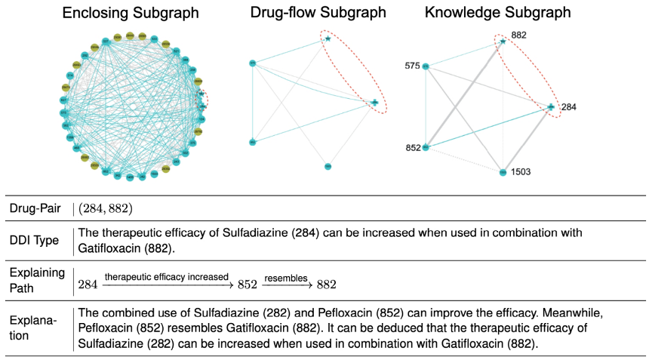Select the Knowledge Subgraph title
pos(497,13)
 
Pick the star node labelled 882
pos(503,42)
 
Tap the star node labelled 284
pos(551,107)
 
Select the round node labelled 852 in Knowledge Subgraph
pos(426,148)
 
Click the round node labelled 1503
pos(503,172)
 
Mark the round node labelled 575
pos(426,67)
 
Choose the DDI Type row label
pos(33,241)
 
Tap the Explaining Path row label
pos(37,278)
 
